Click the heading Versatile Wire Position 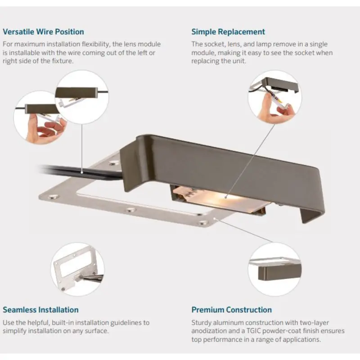pyautogui.click(x=43, y=31)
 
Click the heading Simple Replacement pyautogui.click(x=228, y=31)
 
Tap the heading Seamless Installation pyautogui.click(x=40, y=310)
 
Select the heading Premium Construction pyautogui.click(x=231, y=310)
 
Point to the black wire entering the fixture pyautogui.click(x=81, y=172)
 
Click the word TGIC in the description pyautogui.click(x=253, y=331)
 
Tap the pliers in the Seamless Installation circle pyautogui.click(x=91, y=278)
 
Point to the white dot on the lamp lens pyautogui.click(x=226, y=197)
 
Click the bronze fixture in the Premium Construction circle pyautogui.click(x=279, y=272)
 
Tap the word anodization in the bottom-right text pyautogui.click(x=206, y=331)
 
